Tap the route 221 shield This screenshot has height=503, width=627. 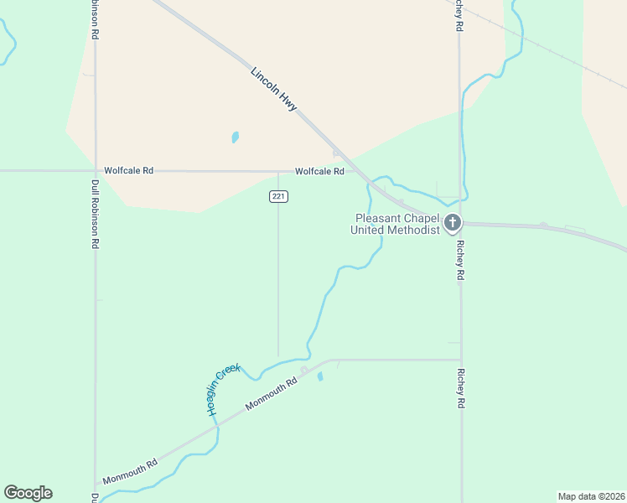(279, 196)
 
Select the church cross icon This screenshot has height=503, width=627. (453, 222)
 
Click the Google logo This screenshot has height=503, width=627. (28, 493)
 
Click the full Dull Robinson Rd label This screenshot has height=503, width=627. (96, 216)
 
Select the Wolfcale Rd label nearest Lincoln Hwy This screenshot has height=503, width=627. (319, 171)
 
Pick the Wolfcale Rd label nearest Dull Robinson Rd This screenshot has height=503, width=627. (128, 170)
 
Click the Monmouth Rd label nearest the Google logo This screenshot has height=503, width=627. (130, 471)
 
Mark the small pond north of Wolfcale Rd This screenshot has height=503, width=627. (236, 137)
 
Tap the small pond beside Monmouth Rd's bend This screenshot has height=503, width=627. (320, 376)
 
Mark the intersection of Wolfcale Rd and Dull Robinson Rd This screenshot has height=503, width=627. (95, 170)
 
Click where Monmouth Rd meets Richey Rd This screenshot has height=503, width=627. (461, 360)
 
